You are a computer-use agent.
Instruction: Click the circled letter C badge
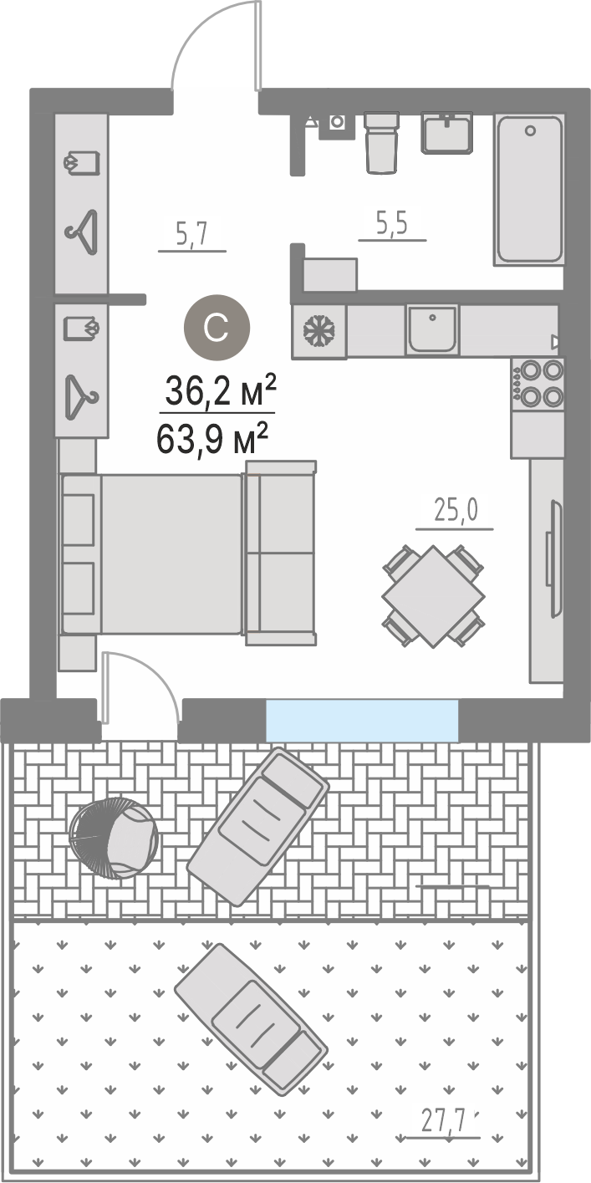click(x=217, y=328)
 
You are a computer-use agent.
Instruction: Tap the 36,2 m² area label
click(x=220, y=391)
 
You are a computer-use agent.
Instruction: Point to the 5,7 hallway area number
click(x=193, y=234)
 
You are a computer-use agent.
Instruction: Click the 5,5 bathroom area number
click(x=392, y=224)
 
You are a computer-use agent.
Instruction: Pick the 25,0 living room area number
click(x=456, y=511)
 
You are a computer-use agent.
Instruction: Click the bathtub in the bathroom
click(x=529, y=189)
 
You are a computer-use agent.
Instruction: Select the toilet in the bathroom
click(x=381, y=143)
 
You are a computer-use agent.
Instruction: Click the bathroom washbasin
click(x=447, y=133)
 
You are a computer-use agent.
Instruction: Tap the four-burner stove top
click(x=538, y=384)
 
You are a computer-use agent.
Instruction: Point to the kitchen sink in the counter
click(x=432, y=330)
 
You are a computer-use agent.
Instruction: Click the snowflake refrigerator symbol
click(x=319, y=332)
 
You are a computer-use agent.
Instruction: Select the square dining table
click(x=433, y=597)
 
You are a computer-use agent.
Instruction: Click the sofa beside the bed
click(x=281, y=553)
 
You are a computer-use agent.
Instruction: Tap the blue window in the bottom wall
click(x=362, y=720)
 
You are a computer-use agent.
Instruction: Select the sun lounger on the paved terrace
click(x=258, y=827)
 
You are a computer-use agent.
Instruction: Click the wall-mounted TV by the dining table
click(x=554, y=558)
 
